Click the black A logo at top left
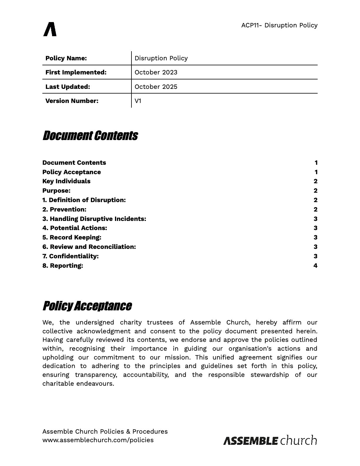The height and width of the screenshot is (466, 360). click(x=50, y=29)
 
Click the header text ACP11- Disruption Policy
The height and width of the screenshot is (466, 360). click(x=279, y=25)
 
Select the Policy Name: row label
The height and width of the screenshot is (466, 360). click(x=66, y=58)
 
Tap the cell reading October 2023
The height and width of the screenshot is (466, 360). click(x=156, y=72)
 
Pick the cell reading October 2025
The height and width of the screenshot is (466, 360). click(x=156, y=87)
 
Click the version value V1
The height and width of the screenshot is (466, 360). click(x=138, y=101)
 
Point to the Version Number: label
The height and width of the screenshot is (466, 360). click(x=72, y=101)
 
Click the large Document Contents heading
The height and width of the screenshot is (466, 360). click(x=90, y=136)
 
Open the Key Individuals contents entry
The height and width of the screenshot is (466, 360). click(x=66, y=181)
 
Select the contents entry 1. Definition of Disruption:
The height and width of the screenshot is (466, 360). click(x=84, y=200)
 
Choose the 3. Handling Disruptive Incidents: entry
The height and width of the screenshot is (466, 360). click(x=94, y=219)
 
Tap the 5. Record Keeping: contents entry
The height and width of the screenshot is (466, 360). click(x=72, y=237)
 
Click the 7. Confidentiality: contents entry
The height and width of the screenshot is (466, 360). click(x=70, y=256)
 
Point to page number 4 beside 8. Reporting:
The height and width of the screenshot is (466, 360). click(x=315, y=266)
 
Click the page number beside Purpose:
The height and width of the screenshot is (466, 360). click(x=315, y=191)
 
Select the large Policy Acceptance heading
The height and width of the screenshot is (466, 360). click(x=87, y=306)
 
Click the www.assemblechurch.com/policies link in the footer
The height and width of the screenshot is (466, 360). click(x=98, y=440)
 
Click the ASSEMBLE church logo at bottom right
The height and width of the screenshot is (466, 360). click(x=270, y=440)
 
